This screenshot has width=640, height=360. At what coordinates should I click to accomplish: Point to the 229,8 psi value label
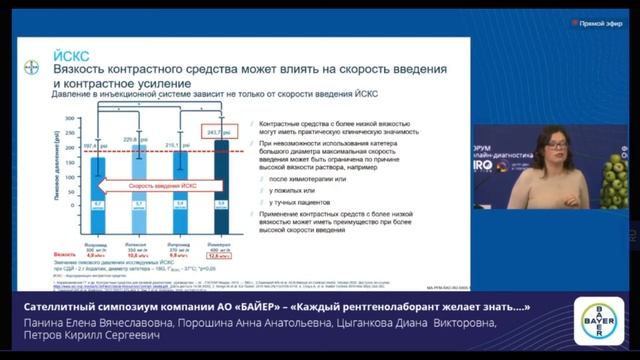tap(135, 139)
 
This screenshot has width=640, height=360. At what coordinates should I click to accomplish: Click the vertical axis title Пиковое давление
tap(54, 170)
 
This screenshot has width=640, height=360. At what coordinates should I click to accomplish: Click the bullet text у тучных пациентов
tap(299, 202)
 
